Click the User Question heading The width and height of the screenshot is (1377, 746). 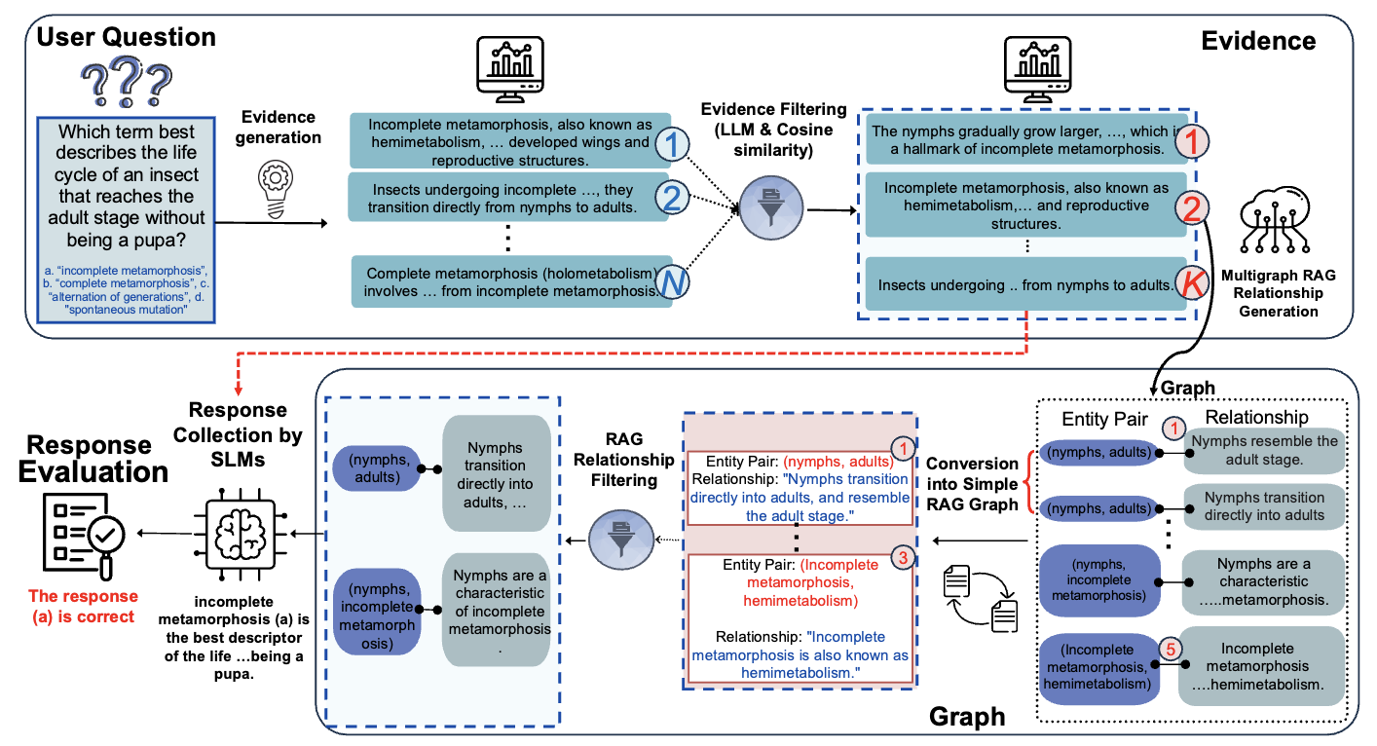click(x=126, y=38)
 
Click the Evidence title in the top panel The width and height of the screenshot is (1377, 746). click(x=1258, y=41)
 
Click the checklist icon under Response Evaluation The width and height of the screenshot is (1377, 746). click(x=82, y=534)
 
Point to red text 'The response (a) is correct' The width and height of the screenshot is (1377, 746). click(x=83, y=606)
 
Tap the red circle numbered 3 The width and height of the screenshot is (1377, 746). click(x=902, y=560)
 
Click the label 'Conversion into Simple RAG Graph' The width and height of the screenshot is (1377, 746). click(x=973, y=484)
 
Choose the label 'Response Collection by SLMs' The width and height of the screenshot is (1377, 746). click(x=244, y=434)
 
